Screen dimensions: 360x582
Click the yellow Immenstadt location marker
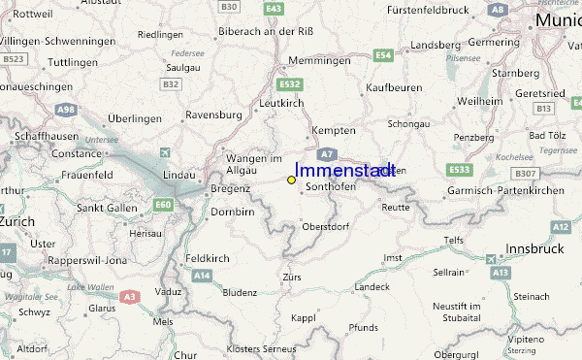click(291, 180)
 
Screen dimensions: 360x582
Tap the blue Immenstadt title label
click(344, 170)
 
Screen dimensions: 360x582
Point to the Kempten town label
click(334, 130)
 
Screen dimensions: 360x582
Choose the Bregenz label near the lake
click(230, 188)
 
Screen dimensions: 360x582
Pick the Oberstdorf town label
click(326, 226)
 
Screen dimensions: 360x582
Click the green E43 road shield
click(274, 8)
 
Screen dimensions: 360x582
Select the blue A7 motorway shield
click(328, 154)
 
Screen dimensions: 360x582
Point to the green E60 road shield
click(163, 204)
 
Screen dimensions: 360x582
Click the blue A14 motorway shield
click(201, 277)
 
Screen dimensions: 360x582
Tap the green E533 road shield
click(460, 170)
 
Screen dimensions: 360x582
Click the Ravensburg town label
click(212, 115)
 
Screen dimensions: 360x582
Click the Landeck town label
click(372, 287)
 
